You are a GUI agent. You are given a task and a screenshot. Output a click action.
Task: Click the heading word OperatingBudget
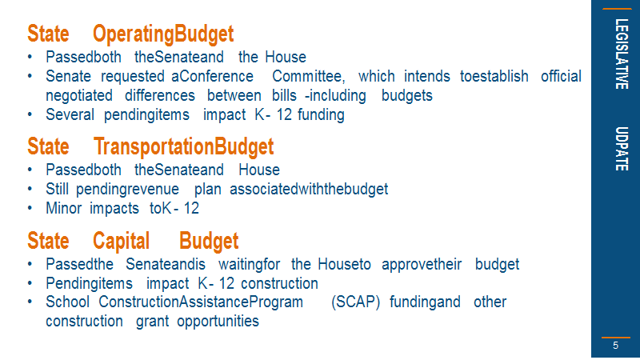tap(163, 34)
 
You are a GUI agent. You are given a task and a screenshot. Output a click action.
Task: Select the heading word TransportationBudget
tap(184, 147)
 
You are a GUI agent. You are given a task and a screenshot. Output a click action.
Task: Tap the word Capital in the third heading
tap(122, 242)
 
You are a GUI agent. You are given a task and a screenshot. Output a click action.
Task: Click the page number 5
tap(615, 346)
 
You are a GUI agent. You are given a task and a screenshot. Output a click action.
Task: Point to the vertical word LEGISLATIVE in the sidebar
tap(622, 54)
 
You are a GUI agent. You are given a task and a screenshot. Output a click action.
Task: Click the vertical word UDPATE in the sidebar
tap(622, 149)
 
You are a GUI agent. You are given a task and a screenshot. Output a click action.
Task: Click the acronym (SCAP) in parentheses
tap(355, 302)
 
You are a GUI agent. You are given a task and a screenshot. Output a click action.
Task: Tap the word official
tap(561, 76)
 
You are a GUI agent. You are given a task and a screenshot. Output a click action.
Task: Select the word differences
tap(160, 95)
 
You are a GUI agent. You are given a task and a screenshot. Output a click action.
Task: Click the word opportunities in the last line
tap(218, 322)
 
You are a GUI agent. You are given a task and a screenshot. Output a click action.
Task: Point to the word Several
tap(70, 114)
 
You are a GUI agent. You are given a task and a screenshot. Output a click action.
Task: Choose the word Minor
tap(64, 208)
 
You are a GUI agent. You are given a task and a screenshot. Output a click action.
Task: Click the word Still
tap(57, 189)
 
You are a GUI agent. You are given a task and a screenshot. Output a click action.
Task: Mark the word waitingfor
tap(249, 265)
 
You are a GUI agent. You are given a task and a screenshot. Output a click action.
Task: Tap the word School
tap(67, 302)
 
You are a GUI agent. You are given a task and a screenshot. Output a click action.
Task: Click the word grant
tap(152, 322)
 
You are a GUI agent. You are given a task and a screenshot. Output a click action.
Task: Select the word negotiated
tap(79, 96)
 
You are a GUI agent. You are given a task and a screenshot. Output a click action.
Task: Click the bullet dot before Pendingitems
tap(30, 282)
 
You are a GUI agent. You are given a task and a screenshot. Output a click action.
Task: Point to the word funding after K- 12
tap(321, 115)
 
